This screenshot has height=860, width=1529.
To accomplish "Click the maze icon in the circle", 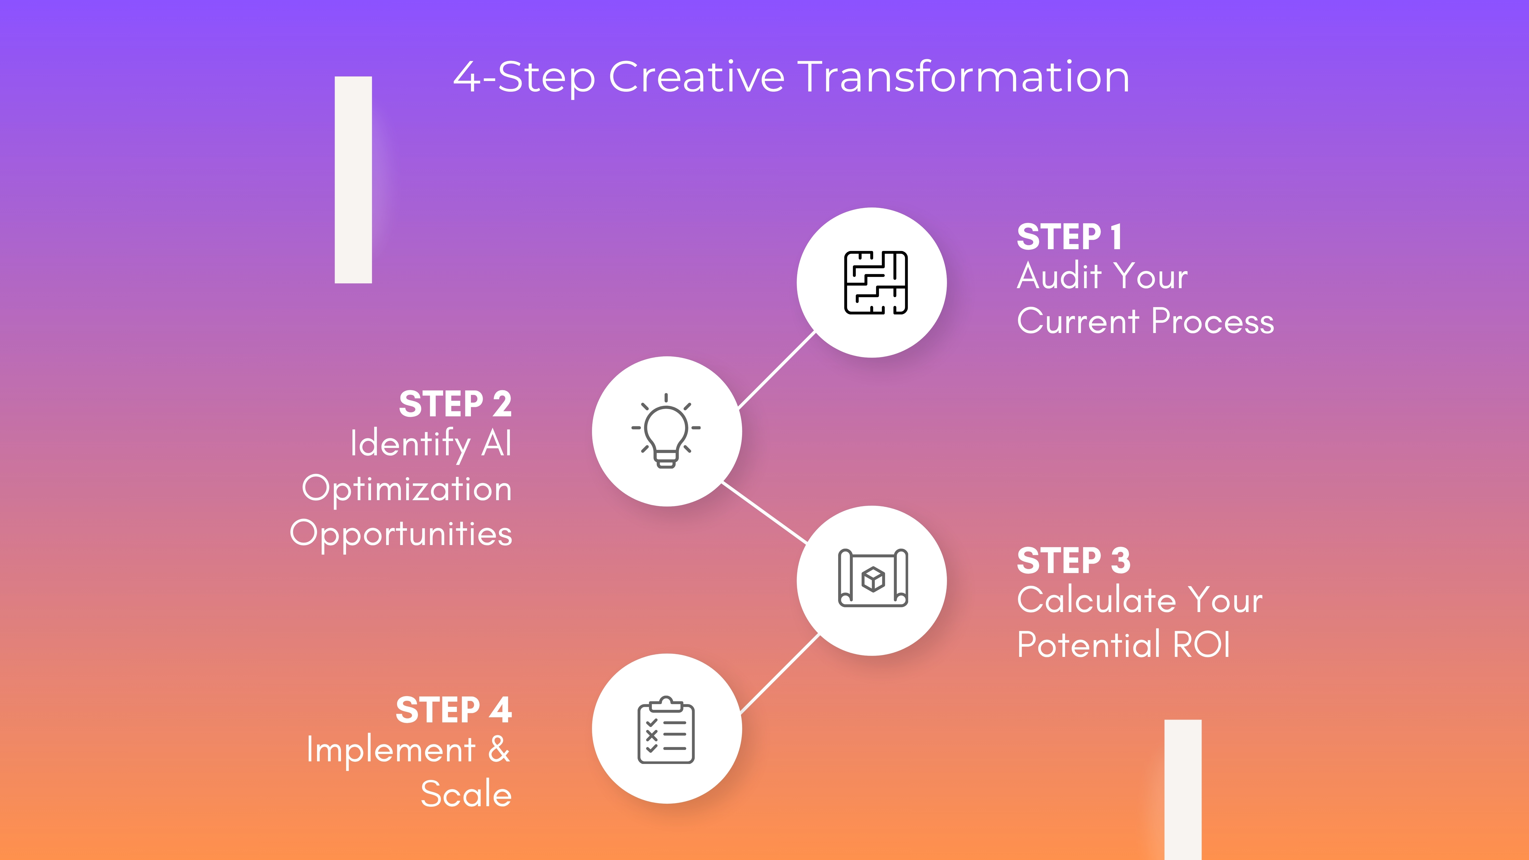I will click(876, 283).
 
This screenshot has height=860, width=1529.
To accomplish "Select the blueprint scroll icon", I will click(873, 579).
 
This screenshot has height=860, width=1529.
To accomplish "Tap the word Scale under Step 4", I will click(466, 794).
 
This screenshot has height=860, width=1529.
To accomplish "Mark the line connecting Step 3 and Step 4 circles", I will click(779, 674).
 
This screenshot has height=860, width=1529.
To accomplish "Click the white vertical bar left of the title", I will click(353, 180).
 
